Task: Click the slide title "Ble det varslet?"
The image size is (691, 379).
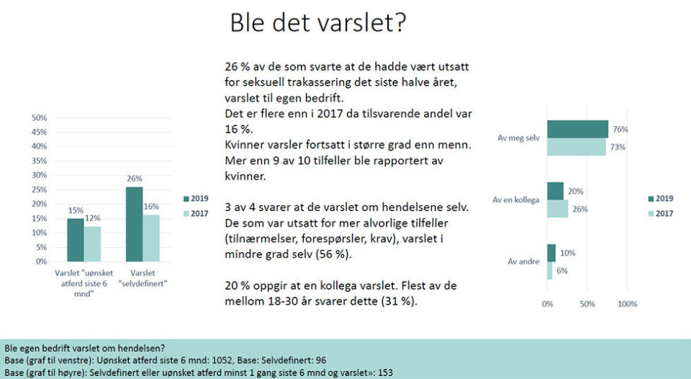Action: pyautogui.click(x=317, y=22)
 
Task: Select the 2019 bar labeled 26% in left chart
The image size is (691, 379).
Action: pyautogui.click(x=135, y=224)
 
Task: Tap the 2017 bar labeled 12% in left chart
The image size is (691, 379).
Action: pyautogui.click(x=93, y=244)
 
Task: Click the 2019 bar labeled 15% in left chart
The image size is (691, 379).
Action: pyautogui.click(x=76, y=239)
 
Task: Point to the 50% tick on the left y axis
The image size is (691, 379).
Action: pyautogui.click(x=39, y=117)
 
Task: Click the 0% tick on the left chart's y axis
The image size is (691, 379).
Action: pyautogui.click(x=41, y=262)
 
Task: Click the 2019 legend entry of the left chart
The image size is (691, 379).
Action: pyautogui.click(x=196, y=198)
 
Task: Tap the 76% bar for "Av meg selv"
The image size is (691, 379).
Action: pyautogui.click(x=577, y=130)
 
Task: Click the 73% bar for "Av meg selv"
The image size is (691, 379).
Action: pyautogui.click(x=576, y=146)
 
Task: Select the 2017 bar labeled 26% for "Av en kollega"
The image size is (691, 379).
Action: pyautogui.click(x=557, y=209)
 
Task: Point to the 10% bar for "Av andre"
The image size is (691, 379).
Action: pyautogui.click(x=551, y=253)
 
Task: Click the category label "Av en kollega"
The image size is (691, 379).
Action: pyautogui.click(x=516, y=200)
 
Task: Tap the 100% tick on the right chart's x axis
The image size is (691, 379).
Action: pyautogui.click(x=627, y=304)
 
